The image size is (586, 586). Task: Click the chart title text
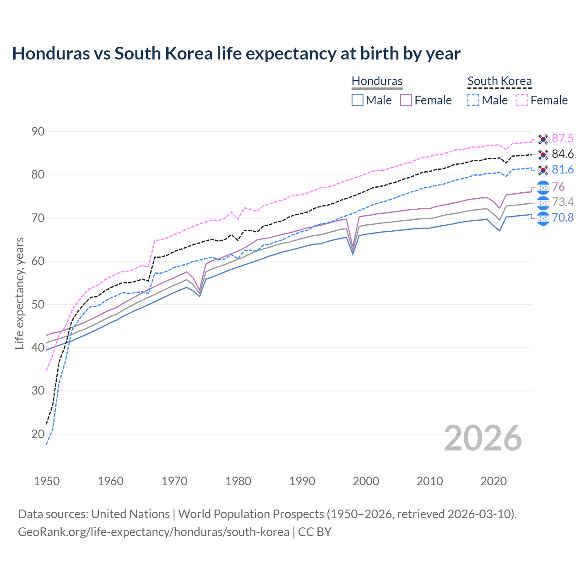(x=236, y=54)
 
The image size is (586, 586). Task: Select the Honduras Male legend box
(x=358, y=100)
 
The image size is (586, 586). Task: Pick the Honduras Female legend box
(x=406, y=100)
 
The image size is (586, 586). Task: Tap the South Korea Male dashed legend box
(x=473, y=100)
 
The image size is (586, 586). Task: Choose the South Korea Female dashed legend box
(x=522, y=100)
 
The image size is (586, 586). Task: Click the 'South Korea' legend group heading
(x=499, y=81)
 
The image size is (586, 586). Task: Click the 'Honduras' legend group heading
(x=377, y=81)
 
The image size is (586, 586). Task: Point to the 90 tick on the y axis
(x=38, y=132)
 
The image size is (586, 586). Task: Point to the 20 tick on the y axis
(x=38, y=434)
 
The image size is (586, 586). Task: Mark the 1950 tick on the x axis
(x=47, y=481)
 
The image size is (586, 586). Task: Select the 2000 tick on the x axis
(x=366, y=481)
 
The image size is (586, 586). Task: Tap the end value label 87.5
(x=563, y=139)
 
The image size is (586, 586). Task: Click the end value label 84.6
(x=563, y=154)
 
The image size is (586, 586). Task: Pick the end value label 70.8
(x=563, y=217)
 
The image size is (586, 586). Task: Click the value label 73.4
(x=563, y=202)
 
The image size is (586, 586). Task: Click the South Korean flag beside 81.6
(x=543, y=170)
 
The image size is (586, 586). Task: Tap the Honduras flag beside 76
(x=543, y=187)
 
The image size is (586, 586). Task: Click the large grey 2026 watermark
(x=483, y=438)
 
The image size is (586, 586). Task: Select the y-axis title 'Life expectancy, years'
(x=19, y=293)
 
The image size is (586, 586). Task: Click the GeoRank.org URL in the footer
(x=153, y=532)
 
